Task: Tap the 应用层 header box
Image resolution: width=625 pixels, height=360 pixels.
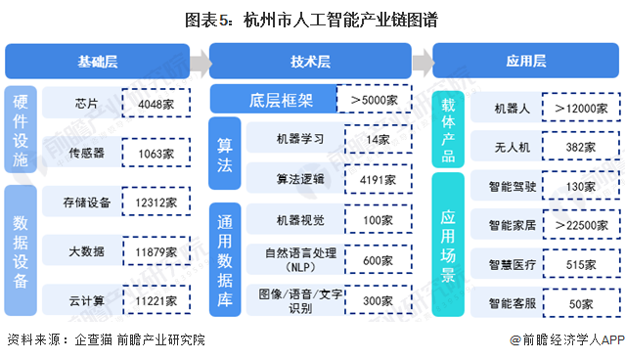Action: (x=524, y=62)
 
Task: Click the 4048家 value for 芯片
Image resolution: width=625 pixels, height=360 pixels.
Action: (x=156, y=101)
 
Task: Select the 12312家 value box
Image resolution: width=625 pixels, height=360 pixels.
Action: (x=156, y=202)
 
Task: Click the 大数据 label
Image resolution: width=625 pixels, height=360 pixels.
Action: (x=83, y=251)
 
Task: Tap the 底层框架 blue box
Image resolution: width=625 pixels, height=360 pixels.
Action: (x=271, y=100)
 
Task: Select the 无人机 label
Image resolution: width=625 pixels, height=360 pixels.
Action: (x=513, y=146)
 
